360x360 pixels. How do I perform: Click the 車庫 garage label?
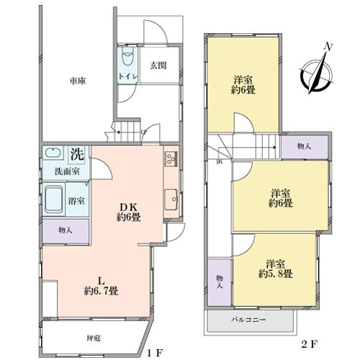[78, 81]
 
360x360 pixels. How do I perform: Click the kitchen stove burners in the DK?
[171, 158]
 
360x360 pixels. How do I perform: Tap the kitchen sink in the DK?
[171, 197]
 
